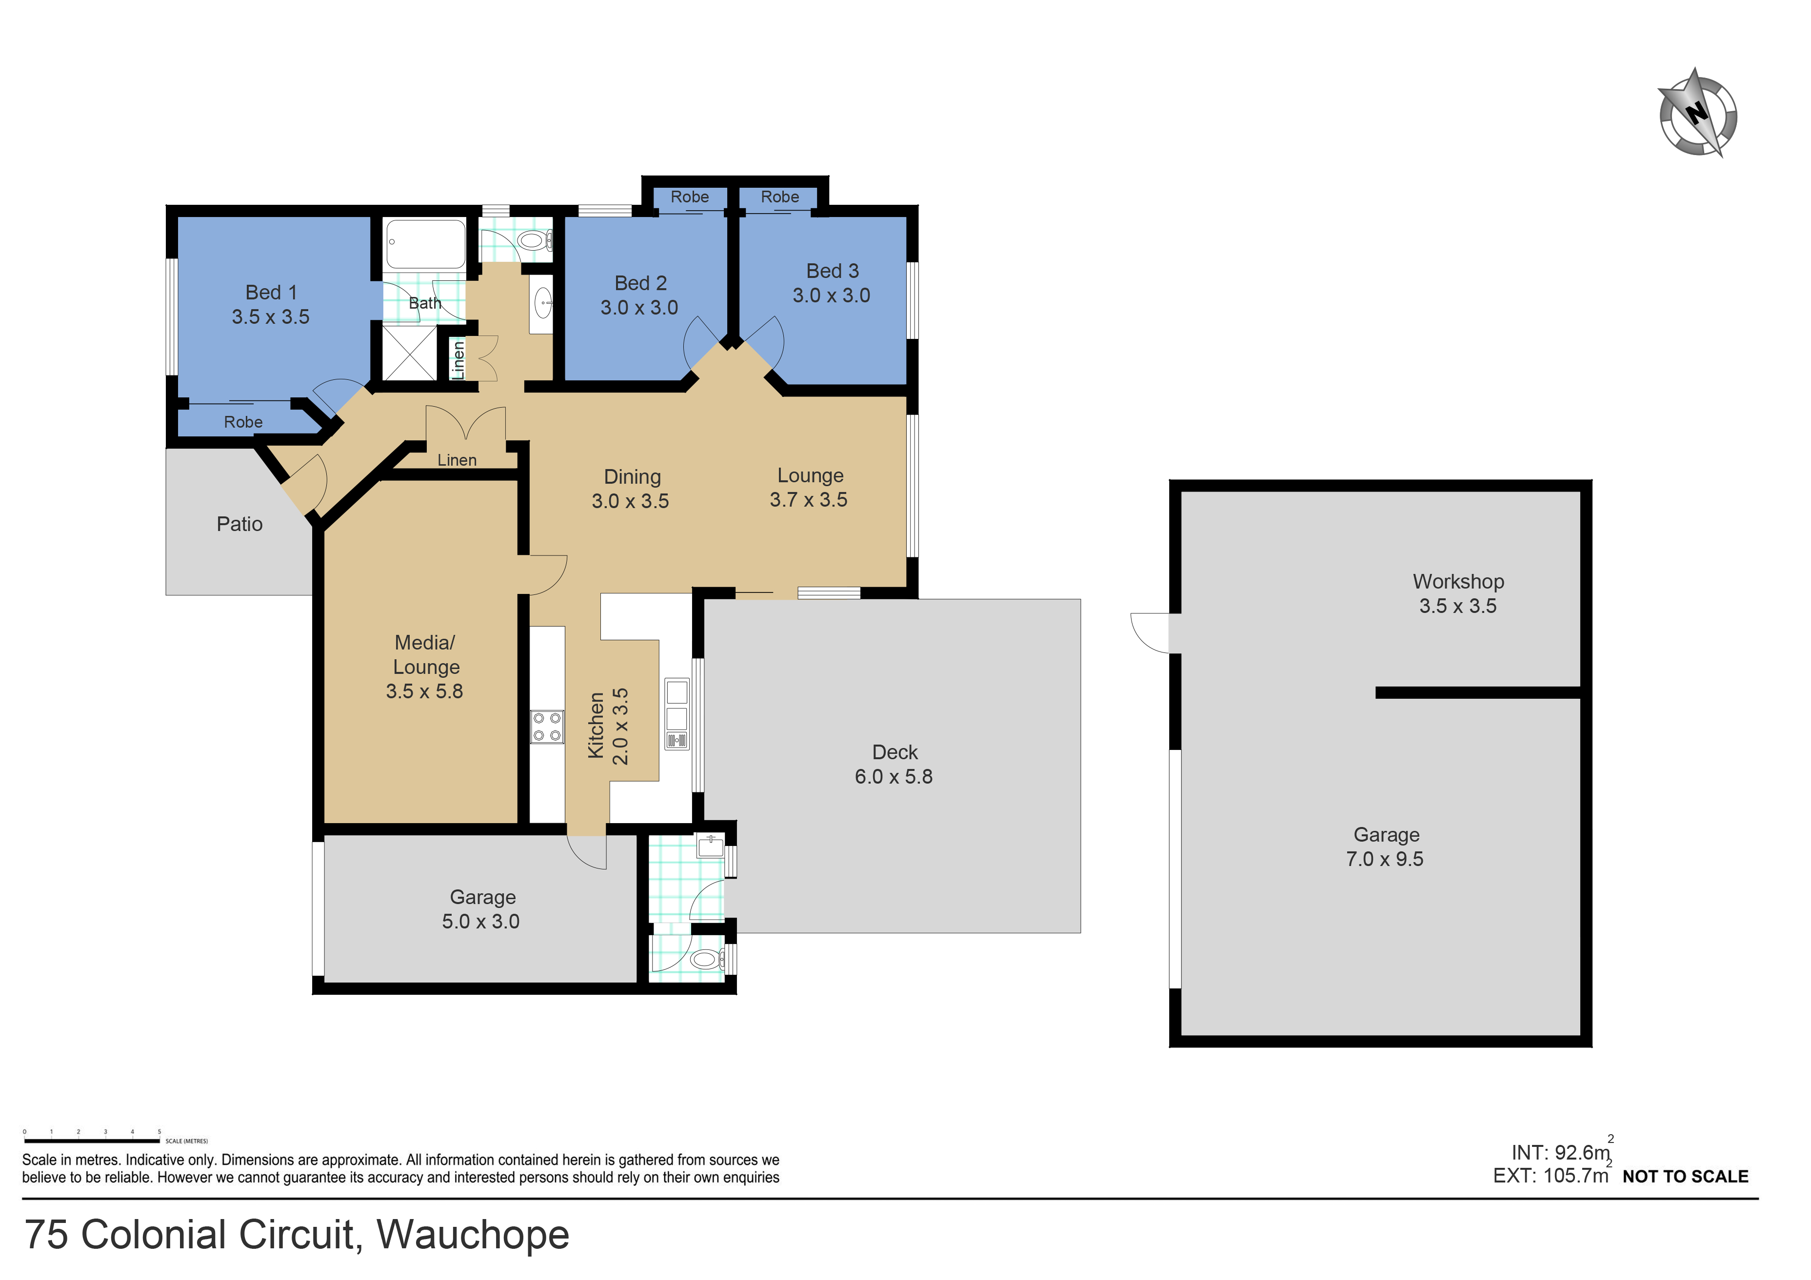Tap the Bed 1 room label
coord(271,293)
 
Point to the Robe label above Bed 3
coord(779,197)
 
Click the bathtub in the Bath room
coord(425,244)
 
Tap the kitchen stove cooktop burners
coord(547,727)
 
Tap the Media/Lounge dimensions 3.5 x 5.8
coord(424,691)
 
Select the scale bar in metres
coord(92,1141)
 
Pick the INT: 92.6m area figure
coord(1560,1153)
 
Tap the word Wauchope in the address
coord(473,1235)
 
